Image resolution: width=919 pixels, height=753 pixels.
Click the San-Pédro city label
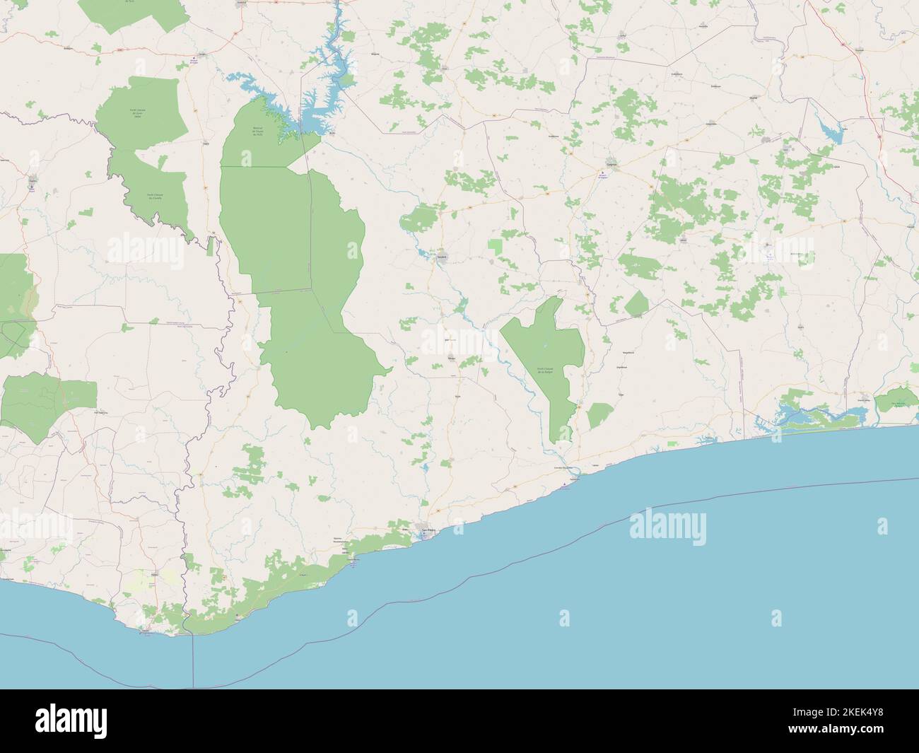[426, 530]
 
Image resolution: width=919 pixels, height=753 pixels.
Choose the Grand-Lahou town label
[864, 400]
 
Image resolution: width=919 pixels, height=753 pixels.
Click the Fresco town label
[708, 438]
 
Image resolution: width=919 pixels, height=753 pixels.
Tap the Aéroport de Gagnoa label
[602, 177]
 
